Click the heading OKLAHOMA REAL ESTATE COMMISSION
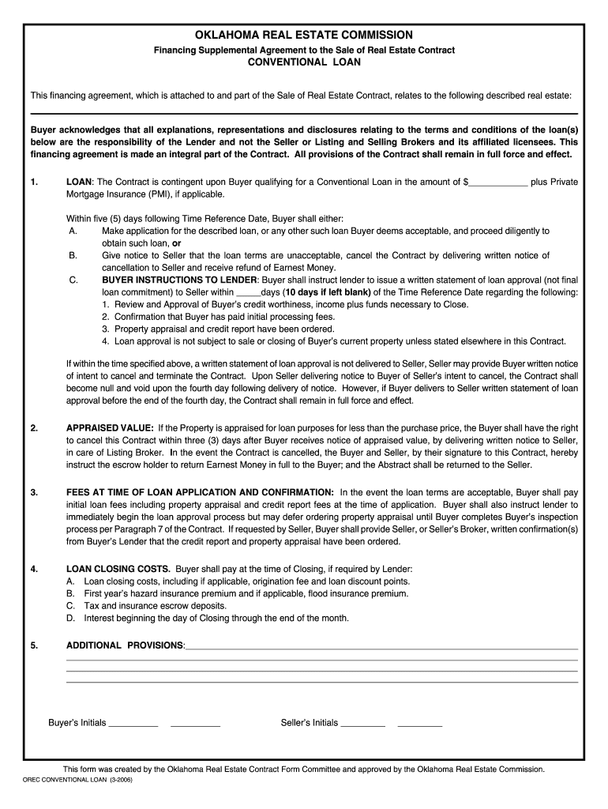[304, 35]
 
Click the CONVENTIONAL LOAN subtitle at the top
[304, 62]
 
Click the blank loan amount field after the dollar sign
[497, 182]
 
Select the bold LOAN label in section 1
[80, 182]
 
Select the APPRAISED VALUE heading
[110, 428]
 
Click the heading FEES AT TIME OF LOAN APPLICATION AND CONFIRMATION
[200, 492]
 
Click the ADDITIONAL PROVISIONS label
[125, 645]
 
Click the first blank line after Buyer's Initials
[133, 723]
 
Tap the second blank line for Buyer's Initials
[195, 723]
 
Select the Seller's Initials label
[310, 723]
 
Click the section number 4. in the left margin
[34, 569]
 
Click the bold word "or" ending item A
[177, 243]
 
